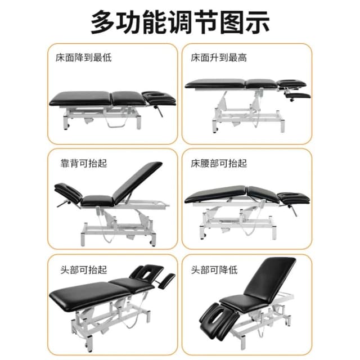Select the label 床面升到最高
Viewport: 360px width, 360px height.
[219, 57]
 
